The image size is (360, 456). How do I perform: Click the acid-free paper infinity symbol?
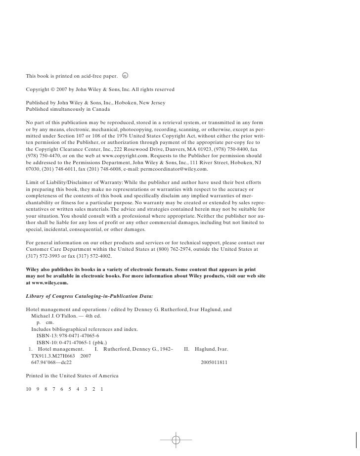(x=125, y=76)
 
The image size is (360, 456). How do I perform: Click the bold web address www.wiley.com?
(x=49, y=283)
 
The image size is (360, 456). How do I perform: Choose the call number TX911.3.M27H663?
(x=51, y=356)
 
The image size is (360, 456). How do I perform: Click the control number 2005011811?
(x=214, y=362)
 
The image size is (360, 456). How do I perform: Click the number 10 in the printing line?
(x=28, y=389)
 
